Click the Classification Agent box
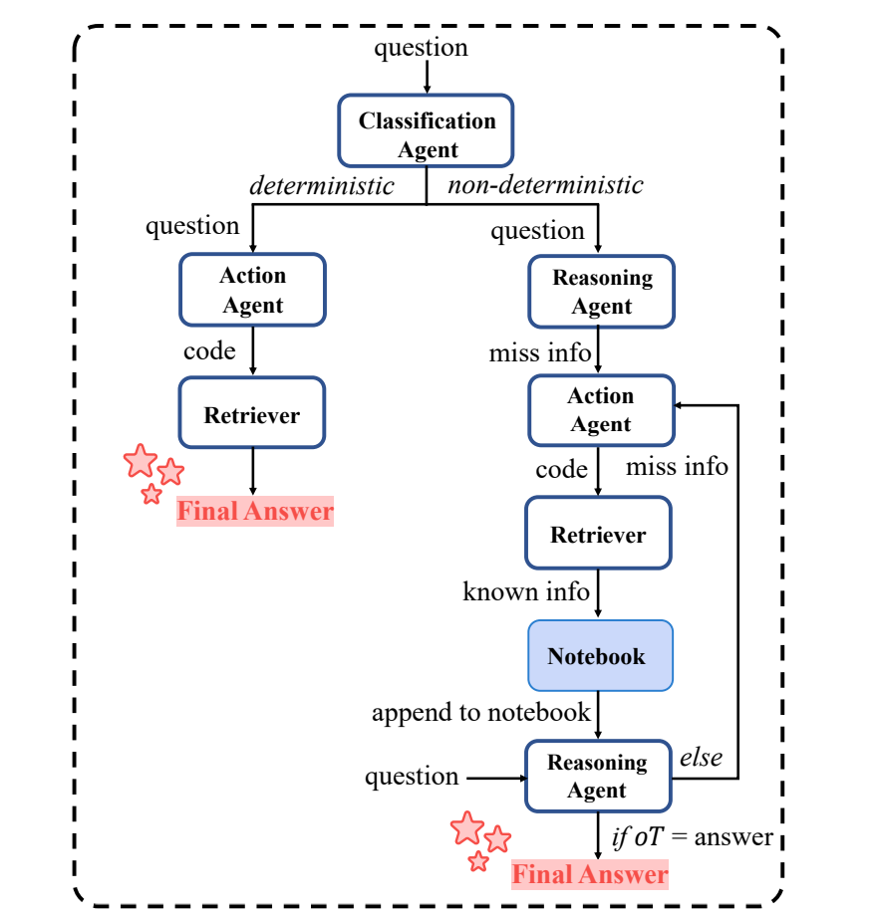(427, 134)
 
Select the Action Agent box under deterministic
(253, 290)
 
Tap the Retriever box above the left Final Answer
(252, 414)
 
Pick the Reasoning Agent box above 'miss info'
(601, 292)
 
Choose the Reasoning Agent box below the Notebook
(598, 777)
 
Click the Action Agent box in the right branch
(600, 409)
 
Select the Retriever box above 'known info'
(598, 535)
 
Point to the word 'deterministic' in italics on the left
(322, 185)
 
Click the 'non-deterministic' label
(545, 185)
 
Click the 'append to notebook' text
(480, 712)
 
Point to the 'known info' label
(526, 591)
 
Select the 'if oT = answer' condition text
(693, 836)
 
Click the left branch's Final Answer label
(255, 512)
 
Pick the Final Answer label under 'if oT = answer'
(590, 875)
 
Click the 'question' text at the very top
(421, 47)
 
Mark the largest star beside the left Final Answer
(141, 461)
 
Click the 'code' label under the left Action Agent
(209, 350)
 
